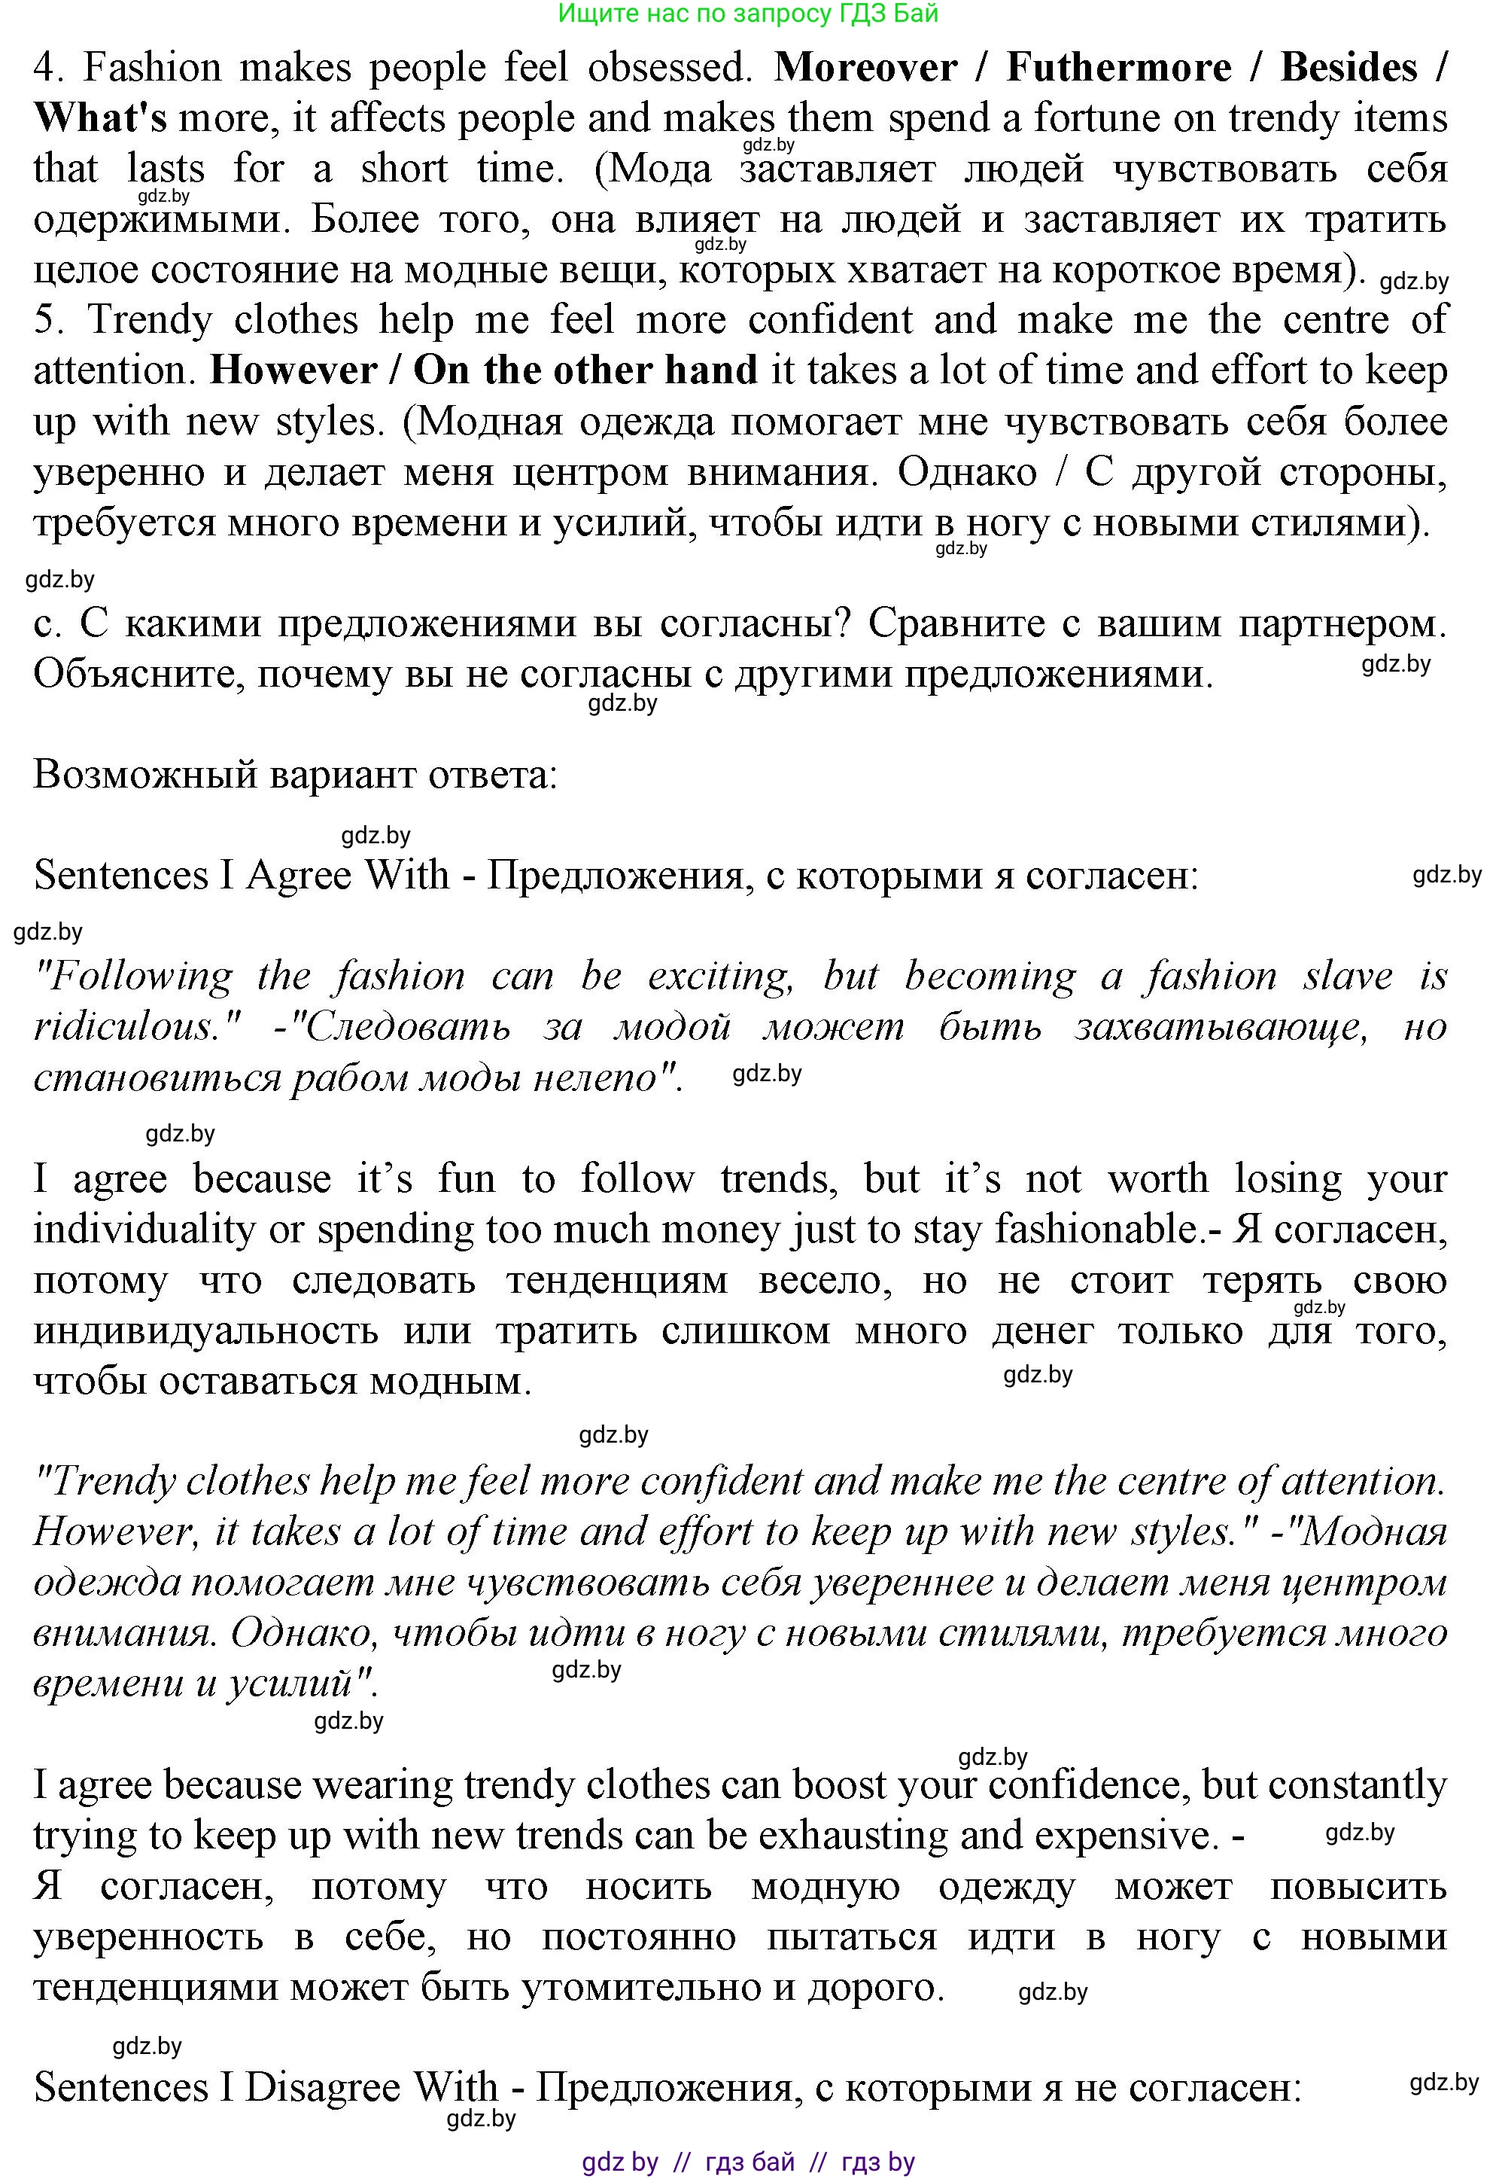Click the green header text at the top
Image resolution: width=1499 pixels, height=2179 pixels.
[748, 13]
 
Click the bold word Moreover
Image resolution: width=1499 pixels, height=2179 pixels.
[865, 68]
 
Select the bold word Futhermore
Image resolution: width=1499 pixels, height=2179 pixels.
[1119, 68]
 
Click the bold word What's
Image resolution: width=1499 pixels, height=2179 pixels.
[101, 118]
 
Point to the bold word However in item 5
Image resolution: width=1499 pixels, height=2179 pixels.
[293, 370]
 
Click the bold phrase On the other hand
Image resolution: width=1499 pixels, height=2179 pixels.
[585, 370]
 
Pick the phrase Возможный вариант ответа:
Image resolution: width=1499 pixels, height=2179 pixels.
[296, 776]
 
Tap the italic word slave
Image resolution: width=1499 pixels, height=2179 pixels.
[1347, 977]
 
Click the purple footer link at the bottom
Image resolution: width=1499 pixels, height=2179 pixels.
[748, 2162]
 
